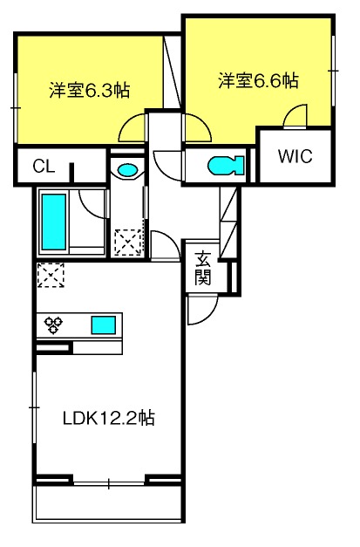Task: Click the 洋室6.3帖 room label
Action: [89, 91]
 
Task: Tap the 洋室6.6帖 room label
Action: [258, 80]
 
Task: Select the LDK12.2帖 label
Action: [109, 418]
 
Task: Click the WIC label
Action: [295, 156]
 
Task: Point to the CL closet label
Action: [44, 167]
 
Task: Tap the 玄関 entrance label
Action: [202, 269]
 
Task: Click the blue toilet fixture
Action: [226, 165]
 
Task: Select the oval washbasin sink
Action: [126, 170]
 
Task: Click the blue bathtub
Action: [54, 222]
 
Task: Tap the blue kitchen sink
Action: [104, 325]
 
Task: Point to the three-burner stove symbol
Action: [53, 325]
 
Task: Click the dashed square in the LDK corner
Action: [51, 275]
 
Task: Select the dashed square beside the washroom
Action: [128, 242]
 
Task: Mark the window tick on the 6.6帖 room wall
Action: [334, 71]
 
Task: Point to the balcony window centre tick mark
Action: [109, 484]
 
